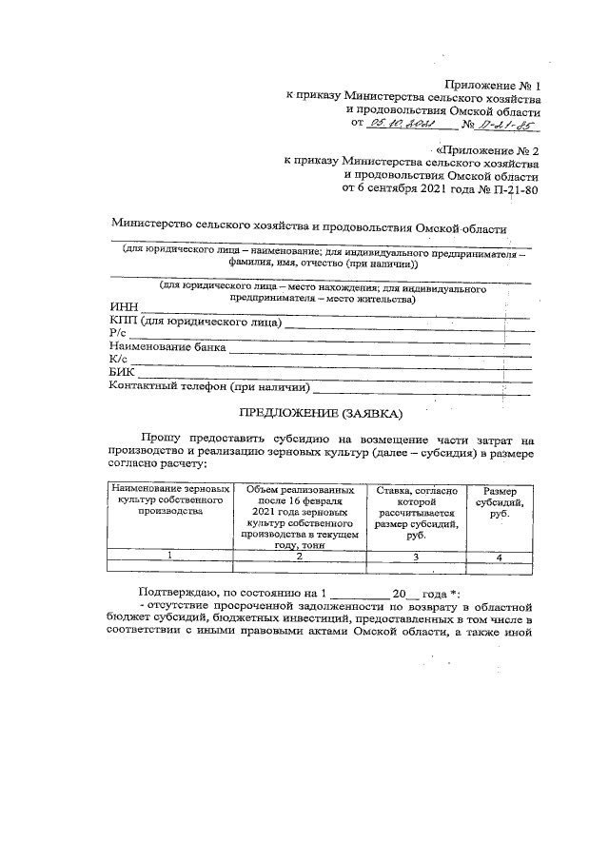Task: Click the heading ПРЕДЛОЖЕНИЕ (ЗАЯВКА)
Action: [x=320, y=413]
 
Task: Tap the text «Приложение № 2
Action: [x=488, y=150]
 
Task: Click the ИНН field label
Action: [x=124, y=307]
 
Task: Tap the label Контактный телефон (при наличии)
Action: [x=210, y=387]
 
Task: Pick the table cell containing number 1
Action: [x=167, y=556]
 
